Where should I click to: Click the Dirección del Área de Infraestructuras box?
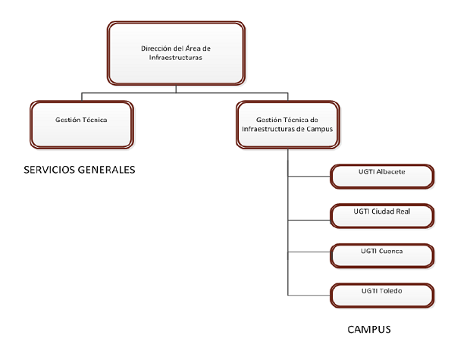tap(176, 52)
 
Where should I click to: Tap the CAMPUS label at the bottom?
tap(368, 330)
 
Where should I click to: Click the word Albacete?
tap(390, 172)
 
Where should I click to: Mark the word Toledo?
tap(391, 291)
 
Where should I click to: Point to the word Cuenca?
tap(391, 251)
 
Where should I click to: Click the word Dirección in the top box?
tap(155, 48)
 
